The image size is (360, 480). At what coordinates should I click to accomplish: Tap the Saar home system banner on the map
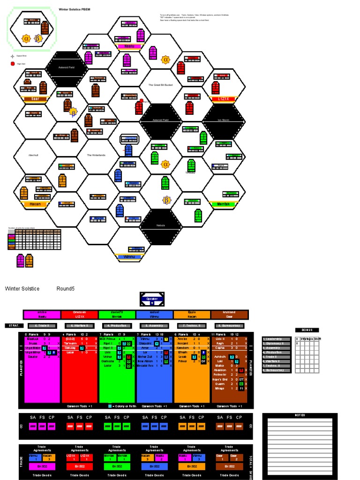pos(35,99)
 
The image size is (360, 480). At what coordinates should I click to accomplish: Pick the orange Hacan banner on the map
pos(35,204)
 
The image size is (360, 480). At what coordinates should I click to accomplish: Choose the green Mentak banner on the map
pos(223,204)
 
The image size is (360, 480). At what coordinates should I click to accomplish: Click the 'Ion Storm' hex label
pos(223,120)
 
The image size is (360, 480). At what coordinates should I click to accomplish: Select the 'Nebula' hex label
pos(160,225)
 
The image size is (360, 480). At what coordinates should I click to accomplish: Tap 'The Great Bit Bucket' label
pos(160,85)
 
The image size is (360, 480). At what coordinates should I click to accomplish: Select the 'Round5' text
pos(66,289)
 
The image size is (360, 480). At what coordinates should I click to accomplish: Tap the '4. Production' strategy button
pos(115,325)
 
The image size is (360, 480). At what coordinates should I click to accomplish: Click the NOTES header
pos(300,415)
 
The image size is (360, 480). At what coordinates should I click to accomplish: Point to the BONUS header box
pos(307,330)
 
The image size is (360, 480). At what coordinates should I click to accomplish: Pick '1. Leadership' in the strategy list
pos(277,339)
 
